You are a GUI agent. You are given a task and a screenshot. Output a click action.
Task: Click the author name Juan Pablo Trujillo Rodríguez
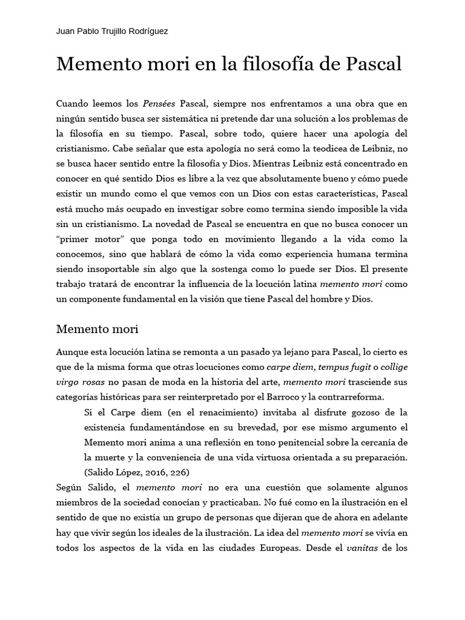(112, 31)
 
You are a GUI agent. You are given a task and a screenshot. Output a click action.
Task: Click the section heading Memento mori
(97, 329)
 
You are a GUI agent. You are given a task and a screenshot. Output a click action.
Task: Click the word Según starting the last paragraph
(70, 487)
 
